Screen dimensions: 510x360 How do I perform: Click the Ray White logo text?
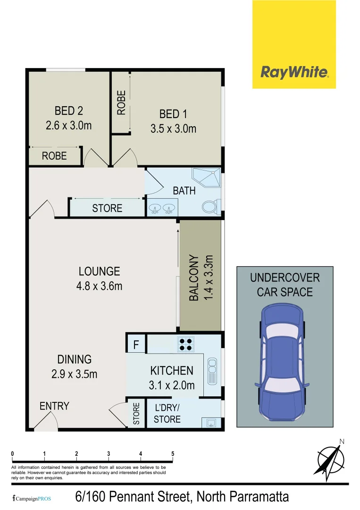pyautogui.click(x=294, y=72)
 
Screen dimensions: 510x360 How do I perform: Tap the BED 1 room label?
pyautogui.click(x=173, y=114)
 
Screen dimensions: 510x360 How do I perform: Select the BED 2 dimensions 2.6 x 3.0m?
pyautogui.click(x=68, y=126)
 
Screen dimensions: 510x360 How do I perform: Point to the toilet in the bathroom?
pyautogui.click(x=210, y=207)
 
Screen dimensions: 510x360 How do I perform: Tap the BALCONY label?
pyautogui.click(x=193, y=278)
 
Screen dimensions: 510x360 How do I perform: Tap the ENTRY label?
pyautogui.click(x=54, y=406)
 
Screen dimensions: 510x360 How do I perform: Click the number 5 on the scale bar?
pyautogui.click(x=173, y=454)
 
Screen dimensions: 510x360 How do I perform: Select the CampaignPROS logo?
pyautogui.click(x=32, y=498)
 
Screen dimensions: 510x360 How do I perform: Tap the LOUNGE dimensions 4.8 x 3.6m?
pyautogui.click(x=100, y=285)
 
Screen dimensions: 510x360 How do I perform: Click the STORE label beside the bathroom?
pyautogui.click(x=107, y=208)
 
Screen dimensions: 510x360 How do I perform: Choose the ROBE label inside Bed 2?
pyautogui.click(x=54, y=156)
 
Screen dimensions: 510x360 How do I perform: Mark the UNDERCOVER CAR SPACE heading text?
pyautogui.click(x=285, y=285)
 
